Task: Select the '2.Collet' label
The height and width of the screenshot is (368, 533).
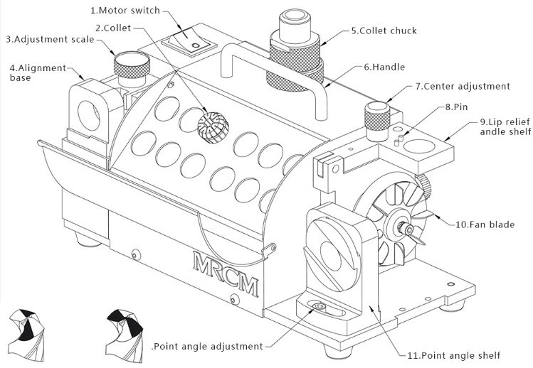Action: click(x=112, y=28)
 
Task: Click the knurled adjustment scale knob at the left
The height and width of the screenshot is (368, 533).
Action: click(x=130, y=66)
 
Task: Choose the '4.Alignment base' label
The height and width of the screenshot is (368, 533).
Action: click(x=38, y=72)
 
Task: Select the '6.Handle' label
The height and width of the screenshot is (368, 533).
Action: click(x=384, y=67)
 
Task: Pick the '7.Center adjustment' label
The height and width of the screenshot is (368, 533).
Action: click(x=463, y=86)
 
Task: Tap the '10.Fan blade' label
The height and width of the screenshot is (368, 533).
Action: click(x=485, y=224)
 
